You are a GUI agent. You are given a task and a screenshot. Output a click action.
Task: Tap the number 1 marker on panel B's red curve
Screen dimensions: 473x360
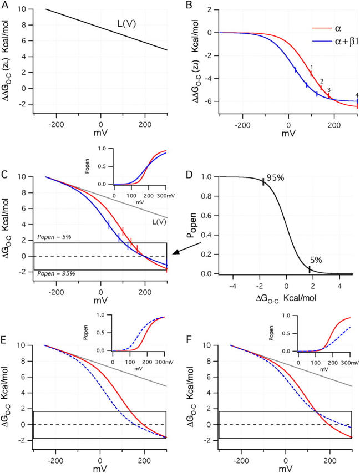[x=312, y=67]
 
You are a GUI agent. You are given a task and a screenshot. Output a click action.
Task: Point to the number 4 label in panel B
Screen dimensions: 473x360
[x=357, y=95]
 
